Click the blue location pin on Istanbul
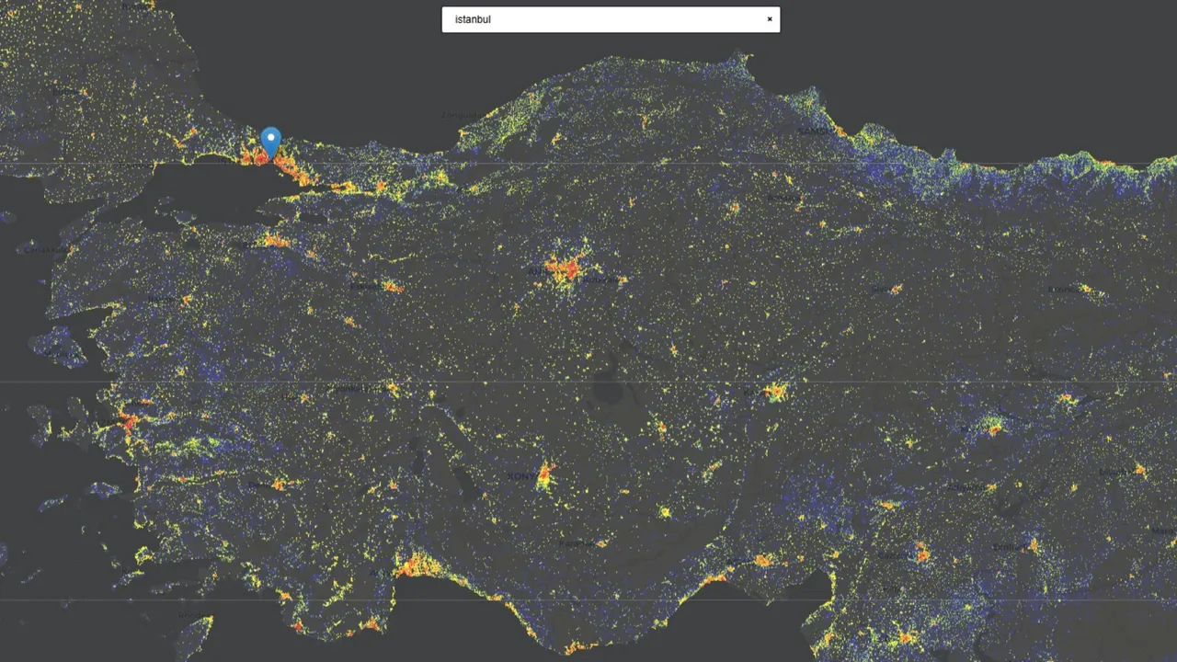(270, 142)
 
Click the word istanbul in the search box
(473, 19)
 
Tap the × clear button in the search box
(770, 19)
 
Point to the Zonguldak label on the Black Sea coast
(458, 116)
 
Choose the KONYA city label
(520, 476)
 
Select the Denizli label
(261, 485)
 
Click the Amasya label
(783, 198)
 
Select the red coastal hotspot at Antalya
(416, 565)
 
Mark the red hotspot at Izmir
(129, 422)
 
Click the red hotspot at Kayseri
(775, 393)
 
